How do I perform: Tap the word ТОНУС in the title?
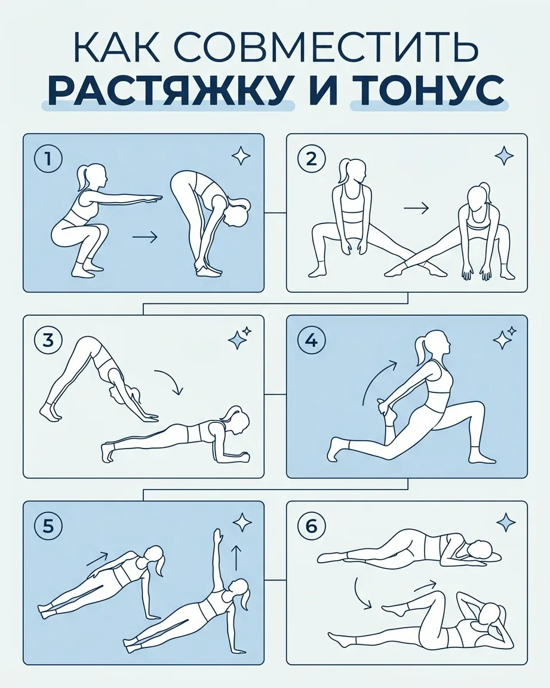(428, 91)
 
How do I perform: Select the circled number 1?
(48, 159)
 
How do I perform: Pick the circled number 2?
(311, 159)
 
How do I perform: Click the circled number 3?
(48, 340)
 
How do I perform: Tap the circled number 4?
(311, 340)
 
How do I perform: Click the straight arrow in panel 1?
(145, 237)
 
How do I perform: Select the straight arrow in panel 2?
(416, 208)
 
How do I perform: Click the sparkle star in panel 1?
(241, 155)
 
